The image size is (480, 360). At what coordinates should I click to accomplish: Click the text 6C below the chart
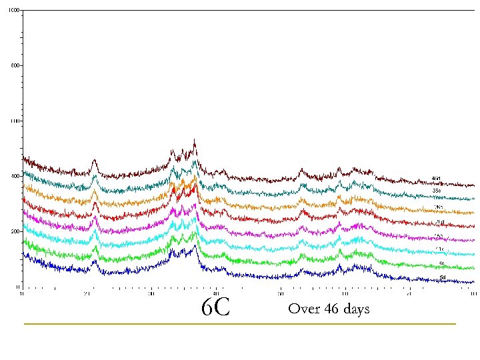pyautogui.click(x=215, y=308)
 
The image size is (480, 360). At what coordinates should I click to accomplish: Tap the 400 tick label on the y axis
pyautogui.click(x=15, y=177)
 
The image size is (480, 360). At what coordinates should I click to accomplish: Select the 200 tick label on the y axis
pyautogui.click(x=15, y=232)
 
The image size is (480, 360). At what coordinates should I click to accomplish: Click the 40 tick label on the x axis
pyautogui.click(x=216, y=293)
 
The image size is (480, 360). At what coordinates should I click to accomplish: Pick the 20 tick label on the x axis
pyautogui.click(x=87, y=293)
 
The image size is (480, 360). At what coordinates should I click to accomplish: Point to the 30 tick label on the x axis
pyautogui.click(x=151, y=293)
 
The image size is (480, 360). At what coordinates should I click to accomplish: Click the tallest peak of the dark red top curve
pyautogui.click(x=194, y=141)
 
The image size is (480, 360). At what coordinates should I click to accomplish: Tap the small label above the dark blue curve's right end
pyautogui.click(x=443, y=276)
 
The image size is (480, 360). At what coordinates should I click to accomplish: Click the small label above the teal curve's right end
pyautogui.click(x=437, y=191)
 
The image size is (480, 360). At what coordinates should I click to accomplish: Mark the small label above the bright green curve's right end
pyautogui.click(x=441, y=263)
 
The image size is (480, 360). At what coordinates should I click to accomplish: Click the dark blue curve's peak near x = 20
pyautogui.click(x=95, y=261)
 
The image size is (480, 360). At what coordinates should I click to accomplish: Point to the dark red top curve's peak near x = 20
pyautogui.click(x=94, y=161)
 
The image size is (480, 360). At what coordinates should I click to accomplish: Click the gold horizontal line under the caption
pyautogui.click(x=240, y=324)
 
